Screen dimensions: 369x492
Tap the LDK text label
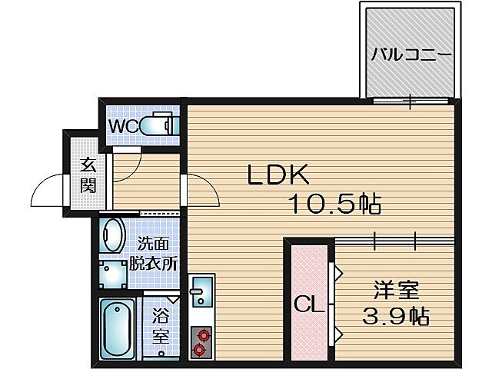point(278,176)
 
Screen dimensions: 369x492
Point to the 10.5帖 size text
point(335,205)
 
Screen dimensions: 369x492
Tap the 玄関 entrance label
point(88,175)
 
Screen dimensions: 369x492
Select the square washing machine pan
point(115,274)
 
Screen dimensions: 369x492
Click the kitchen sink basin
point(201,291)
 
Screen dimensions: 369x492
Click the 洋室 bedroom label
point(396,291)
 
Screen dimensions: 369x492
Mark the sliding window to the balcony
point(411,100)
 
